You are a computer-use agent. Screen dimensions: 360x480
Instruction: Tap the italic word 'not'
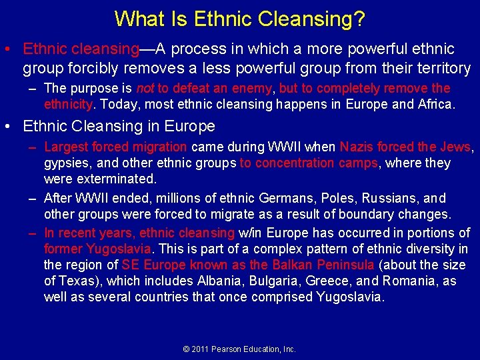pos(145,89)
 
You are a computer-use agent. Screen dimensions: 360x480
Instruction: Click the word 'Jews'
pos(455,147)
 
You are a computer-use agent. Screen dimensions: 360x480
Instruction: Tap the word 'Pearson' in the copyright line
pos(228,349)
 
